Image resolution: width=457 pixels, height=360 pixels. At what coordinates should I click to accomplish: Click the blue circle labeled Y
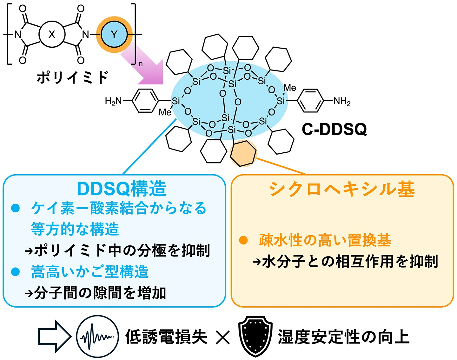point(114,34)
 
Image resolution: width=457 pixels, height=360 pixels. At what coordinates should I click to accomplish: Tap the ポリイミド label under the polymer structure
point(73,77)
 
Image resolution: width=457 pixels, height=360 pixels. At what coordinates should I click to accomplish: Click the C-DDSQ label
point(334,130)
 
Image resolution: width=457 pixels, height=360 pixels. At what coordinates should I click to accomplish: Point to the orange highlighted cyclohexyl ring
point(243,153)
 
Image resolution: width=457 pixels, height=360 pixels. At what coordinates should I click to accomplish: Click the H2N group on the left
point(113,101)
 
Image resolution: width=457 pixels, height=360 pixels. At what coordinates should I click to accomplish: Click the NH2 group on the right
point(342,101)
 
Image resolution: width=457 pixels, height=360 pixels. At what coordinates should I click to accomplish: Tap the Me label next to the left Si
point(165,112)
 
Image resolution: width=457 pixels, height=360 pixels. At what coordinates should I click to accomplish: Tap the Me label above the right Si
point(290,88)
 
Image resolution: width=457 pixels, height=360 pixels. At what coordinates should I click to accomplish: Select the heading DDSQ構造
point(122,189)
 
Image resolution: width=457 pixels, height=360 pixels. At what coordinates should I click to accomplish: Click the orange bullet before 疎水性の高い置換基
point(243,240)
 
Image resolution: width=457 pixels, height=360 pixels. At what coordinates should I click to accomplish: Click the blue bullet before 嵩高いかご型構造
point(15,272)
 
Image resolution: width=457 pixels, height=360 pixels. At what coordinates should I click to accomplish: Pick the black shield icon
point(255,337)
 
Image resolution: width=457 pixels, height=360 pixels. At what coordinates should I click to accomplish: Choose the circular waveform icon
point(97,337)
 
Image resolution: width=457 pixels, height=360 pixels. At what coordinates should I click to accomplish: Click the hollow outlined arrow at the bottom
point(55,337)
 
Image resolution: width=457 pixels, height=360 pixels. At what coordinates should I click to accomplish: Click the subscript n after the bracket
point(140,64)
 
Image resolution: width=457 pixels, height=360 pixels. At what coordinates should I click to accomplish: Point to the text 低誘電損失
point(166,337)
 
